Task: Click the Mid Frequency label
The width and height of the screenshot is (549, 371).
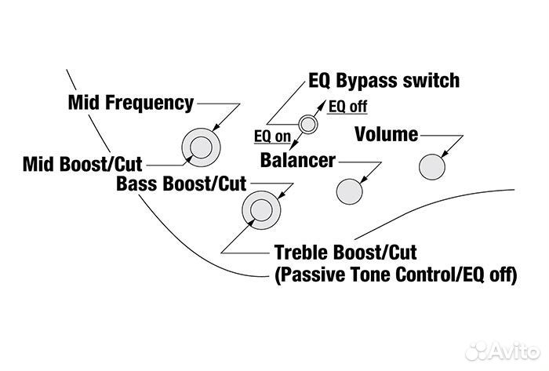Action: click(x=130, y=103)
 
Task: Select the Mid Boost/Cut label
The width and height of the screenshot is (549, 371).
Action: click(x=83, y=165)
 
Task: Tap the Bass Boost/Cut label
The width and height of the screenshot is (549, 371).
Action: click(x=181, y=185)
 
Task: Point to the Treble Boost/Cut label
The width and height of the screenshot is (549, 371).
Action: click(x=345, y=253)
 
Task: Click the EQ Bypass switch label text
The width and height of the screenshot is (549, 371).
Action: click(x=384, y=82)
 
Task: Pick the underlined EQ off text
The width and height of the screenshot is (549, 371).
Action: click(x=347, y=106)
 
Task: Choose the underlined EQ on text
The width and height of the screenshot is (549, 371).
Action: click(x=272, y=136)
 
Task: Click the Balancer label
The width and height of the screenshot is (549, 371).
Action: click(x=298, y=161)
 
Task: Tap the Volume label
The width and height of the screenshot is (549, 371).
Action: click(x=386, y=134)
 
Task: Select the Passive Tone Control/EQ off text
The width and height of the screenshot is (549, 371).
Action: click(x=394, y=275)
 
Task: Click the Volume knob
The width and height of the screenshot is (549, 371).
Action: click(x=431, y=166)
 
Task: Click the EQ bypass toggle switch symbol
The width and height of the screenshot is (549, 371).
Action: click(x=308, y=123)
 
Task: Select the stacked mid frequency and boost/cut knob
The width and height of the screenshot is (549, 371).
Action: click(x=201, y=146)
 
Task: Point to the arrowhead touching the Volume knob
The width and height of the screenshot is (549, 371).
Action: click(x=445, y=155)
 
